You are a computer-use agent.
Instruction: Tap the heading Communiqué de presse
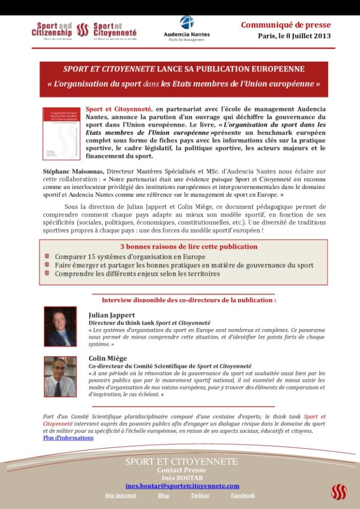[286, 25]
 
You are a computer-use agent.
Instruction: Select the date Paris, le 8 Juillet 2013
[294, 36]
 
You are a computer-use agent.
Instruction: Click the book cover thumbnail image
[62, 133]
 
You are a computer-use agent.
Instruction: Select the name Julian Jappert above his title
[112, 315]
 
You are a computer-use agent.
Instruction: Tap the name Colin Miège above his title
[108, 358]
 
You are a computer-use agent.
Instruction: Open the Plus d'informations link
[68, 438]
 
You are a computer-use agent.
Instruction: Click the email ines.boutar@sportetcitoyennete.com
[183, 486]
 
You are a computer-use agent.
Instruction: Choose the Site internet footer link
[120, 495]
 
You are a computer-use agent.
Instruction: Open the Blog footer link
[163, 495]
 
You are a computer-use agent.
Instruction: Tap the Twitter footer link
[200, 495]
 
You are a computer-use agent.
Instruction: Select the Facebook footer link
[242, 495]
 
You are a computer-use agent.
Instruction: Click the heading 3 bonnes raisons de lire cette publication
[189, 246]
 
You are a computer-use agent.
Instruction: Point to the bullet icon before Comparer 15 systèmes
[47, 256]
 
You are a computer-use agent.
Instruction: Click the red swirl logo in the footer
[339, 492]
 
